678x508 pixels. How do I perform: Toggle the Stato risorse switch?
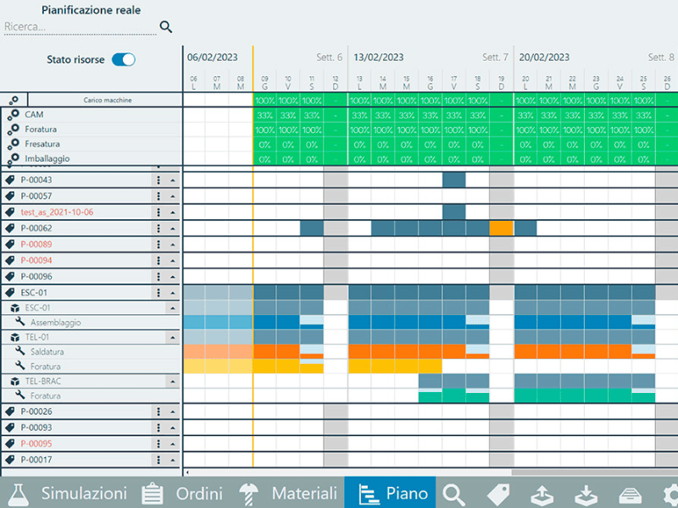(x=124, y=59)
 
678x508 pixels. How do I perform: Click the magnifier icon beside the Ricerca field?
(x=166, y=27)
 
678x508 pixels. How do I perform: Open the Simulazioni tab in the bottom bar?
(x=68, y=493)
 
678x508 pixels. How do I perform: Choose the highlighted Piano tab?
(x=390, y=493)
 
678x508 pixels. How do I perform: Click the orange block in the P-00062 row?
(x=502, y=228)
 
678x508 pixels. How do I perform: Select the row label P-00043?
(x=36, y=179)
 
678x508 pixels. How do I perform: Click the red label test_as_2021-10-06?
(x=57, y=212)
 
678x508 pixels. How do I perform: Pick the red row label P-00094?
(x=36, y=260)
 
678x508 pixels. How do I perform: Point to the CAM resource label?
(x=34, y=114)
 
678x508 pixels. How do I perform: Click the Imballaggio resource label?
(x=47, y=158)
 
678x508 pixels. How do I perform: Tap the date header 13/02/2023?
(x=379, y=58)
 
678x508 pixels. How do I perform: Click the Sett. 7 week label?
(x=495, y=58)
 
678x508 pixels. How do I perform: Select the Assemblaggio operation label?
(x=56, y=323)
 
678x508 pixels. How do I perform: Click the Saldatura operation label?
(x=47, y=351)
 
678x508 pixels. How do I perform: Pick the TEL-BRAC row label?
(x=43, y=381)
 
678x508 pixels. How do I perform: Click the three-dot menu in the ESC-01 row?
(x=158, y=293)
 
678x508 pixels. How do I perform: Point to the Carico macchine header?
(x=108, y=100)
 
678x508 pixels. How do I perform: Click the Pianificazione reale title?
(x=92, y=10)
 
